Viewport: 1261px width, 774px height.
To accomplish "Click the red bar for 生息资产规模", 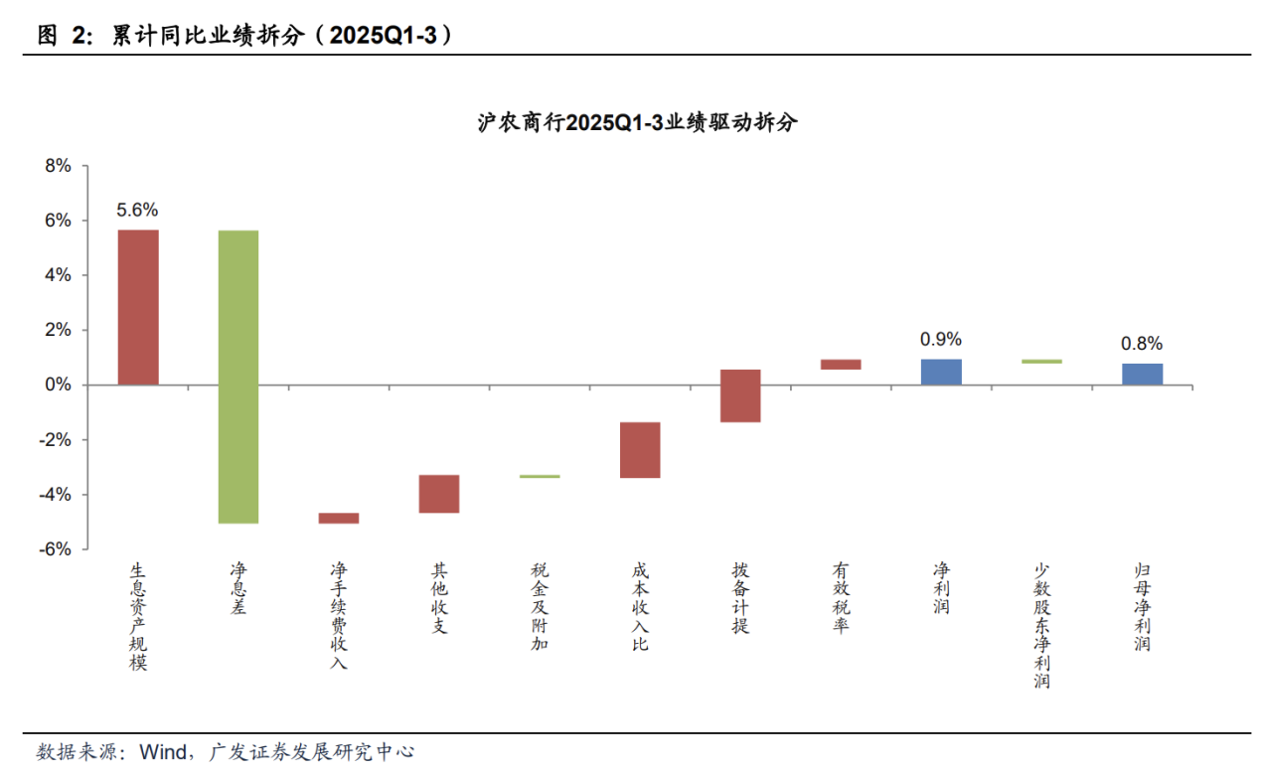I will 138,307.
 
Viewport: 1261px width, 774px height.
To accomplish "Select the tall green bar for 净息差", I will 238,377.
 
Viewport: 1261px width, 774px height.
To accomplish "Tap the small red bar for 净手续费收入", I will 339,518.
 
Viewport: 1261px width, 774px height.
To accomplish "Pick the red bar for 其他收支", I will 439,494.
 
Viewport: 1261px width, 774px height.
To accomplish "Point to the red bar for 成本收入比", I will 640,450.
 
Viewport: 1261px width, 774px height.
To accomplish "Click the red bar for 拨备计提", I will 740,395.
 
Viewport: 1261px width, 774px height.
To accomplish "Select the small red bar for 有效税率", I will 841,365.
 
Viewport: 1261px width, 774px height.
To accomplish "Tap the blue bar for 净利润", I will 941,372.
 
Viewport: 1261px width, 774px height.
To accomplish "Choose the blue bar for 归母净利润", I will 1142,374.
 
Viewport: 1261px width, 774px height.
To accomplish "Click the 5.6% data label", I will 137,210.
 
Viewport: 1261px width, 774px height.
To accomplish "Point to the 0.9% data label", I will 941,339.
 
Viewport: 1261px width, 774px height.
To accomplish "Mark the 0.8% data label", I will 1142,344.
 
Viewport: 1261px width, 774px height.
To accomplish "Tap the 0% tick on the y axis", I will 59,385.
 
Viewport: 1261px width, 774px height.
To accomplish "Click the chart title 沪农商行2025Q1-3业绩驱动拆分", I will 637,123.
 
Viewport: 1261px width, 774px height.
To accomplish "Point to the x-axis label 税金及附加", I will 540,606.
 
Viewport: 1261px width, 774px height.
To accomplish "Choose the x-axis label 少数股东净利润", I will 1041,625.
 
